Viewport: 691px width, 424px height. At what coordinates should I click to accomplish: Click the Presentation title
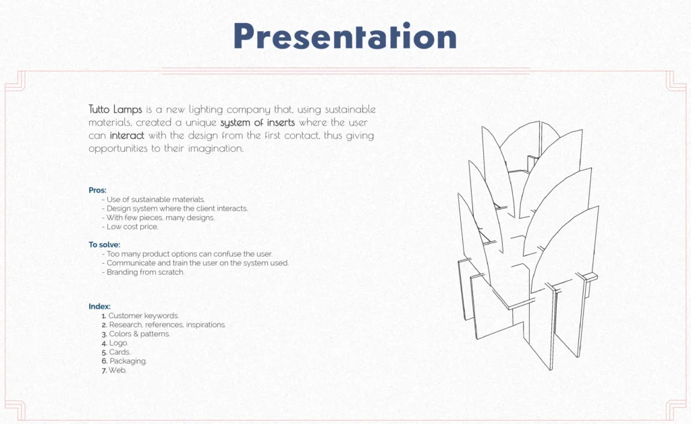tap(345, 36)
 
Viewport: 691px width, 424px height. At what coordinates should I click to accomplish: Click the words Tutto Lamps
tap(115, 109)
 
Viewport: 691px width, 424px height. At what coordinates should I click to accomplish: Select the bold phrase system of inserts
tap(257, 122)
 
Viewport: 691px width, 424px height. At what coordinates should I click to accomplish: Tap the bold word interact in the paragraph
tap(127, 135)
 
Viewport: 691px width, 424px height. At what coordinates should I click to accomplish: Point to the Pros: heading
tap(97, 190)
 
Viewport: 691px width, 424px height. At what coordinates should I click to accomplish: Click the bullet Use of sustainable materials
tap(153, 200)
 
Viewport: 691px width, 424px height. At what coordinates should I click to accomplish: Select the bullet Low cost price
tap(130, 227)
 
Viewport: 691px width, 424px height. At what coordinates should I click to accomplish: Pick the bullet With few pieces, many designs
tap(158, 217)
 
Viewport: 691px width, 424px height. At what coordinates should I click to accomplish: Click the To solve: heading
tap(105, 244)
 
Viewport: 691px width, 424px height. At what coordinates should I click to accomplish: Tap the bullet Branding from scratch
tap(143, 272)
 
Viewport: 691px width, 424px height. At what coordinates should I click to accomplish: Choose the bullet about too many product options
tap(188, 255)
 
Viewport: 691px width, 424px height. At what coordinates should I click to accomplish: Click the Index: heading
tap(100, 307)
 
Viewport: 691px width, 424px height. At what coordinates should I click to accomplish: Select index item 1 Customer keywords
tap(140, 316)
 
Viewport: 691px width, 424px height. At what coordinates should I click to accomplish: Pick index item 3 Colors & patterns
tap(136, 334)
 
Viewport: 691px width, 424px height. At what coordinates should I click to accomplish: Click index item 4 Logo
tap(115, 344)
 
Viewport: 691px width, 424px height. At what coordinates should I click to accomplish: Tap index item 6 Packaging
tap(124, 361)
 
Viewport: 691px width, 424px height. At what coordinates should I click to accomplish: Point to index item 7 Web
tap(114, 371)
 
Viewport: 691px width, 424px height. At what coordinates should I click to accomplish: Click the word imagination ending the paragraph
tap(216, 149)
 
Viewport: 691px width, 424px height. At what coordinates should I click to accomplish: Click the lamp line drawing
tap(528, 245)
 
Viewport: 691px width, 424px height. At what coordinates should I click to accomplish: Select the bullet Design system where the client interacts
tap(175, 209)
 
